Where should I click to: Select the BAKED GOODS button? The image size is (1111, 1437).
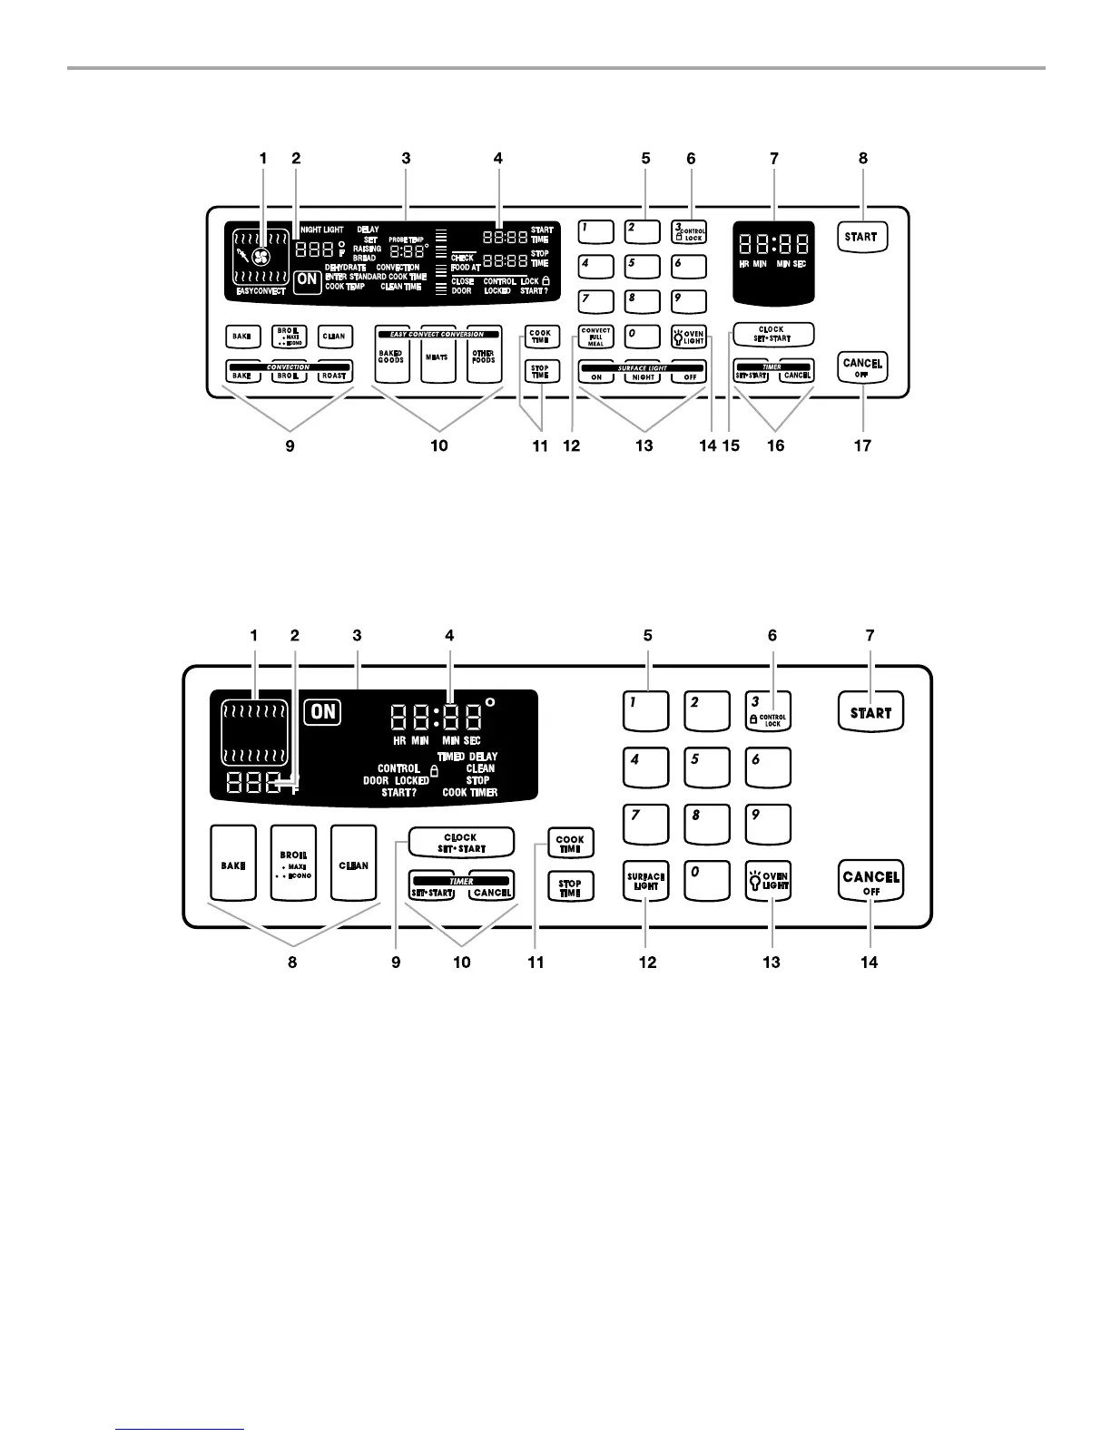click(x=391, y=357)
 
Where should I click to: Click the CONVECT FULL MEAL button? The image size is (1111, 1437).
click(x=596, y=337)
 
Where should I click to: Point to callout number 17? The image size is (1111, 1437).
click(x=862, y=445)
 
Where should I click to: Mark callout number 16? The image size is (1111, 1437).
click(x=774, y=445)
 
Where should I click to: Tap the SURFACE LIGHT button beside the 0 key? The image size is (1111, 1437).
click(x=646, y=880)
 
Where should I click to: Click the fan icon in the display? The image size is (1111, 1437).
click(x=261, y=258)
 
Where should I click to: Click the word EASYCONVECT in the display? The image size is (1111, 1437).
click(x=261, y=291)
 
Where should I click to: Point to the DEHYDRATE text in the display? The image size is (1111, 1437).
click(x=346, y=268)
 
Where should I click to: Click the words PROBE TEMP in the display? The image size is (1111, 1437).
click(x=407, y=239)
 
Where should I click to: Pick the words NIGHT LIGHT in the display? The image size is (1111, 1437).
click(x=321, y=230)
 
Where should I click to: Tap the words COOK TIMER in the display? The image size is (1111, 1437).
click(x=470, y=792)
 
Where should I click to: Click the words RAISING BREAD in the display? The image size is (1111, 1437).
click(x=366, y=253)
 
